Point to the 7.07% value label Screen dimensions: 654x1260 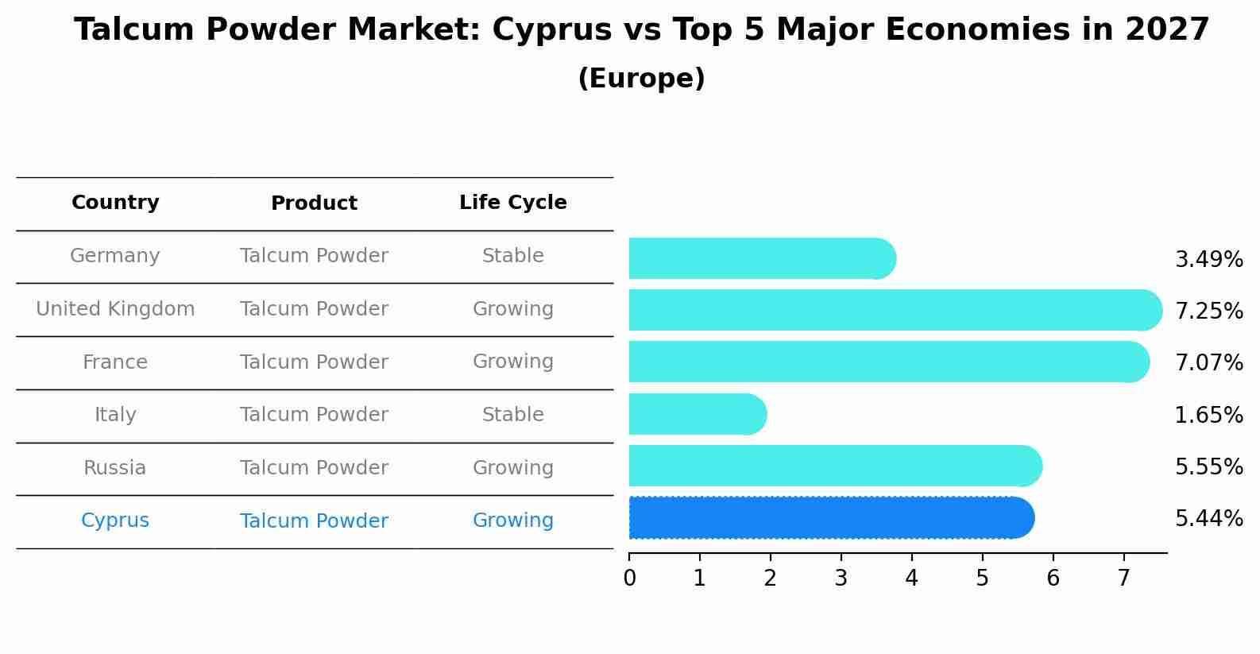tap(1208, 363)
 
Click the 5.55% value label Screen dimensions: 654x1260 tap(1208, 467)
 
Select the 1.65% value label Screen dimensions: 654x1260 tap(1208, 415)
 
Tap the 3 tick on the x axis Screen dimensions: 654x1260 tap(841, 579)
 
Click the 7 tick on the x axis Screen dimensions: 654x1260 tap(1123, 579)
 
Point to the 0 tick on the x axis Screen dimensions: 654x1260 tap(629, 579)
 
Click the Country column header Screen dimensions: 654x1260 tap(115, 203)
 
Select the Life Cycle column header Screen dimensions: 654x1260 tap(512, 203)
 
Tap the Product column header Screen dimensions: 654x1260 tap(314, 203)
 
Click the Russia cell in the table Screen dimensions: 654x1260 tap(115, 468)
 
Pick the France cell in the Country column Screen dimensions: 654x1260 tap(115, 362)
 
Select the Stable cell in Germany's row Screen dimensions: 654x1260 tap(512, 256)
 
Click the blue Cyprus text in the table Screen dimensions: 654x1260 tap(115, 520)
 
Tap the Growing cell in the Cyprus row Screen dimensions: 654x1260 tap(512, 520)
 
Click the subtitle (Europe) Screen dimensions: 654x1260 tap(641, 79)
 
